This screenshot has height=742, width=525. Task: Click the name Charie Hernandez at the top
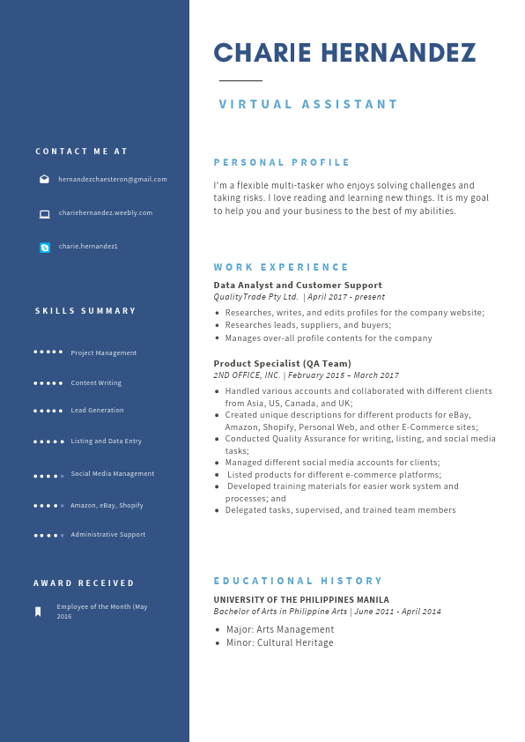344,54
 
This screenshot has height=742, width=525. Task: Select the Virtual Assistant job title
308,104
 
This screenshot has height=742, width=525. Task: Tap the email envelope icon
44,179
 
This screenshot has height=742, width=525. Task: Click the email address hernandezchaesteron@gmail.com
113,179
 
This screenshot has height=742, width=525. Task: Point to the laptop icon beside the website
44,213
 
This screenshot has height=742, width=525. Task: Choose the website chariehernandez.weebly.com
106,212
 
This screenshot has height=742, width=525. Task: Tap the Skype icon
45,248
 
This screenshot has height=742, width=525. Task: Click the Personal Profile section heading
282,162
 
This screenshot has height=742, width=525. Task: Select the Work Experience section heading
281,267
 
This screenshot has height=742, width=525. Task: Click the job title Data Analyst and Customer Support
298,285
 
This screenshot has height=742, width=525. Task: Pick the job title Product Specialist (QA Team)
282,363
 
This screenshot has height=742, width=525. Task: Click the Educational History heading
299,581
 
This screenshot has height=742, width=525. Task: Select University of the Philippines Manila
300,600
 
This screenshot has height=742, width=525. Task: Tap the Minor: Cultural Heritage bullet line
279,642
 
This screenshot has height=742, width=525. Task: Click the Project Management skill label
104,352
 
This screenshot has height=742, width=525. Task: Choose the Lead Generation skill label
97,410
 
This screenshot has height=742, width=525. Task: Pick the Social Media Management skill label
113,473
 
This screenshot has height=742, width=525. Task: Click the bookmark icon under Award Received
38,612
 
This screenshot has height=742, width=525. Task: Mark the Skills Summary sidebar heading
86,310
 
